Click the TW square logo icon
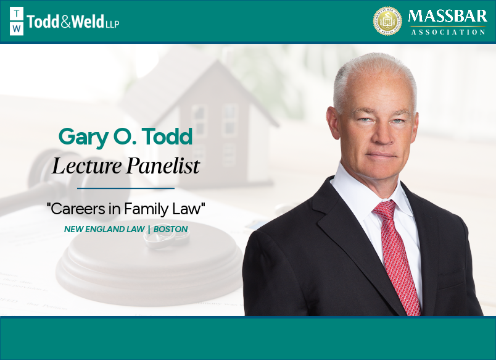(x=17, y=22)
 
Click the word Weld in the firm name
(x=86, y=22)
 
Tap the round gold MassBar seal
(x=387, y=21)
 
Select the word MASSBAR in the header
(x=447, y=16)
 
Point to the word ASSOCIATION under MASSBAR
(x=448, y=31)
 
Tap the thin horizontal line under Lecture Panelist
(x=125, y=188)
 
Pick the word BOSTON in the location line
(x=171, y=229)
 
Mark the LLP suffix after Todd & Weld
(x=112, y=24)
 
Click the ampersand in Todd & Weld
(x=66, y=22)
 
